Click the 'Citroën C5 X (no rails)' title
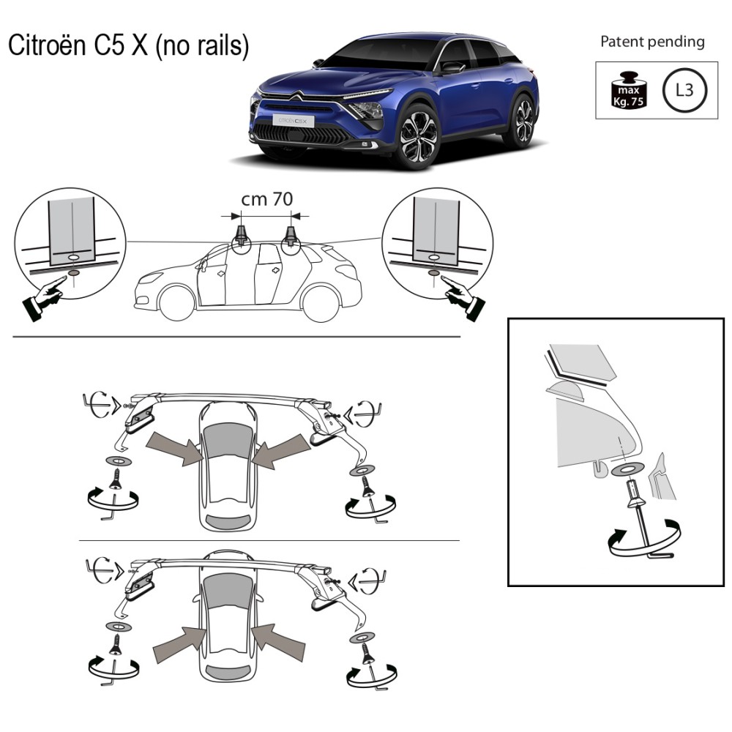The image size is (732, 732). click(128, 45)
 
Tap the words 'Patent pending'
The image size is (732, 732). click(652, 42)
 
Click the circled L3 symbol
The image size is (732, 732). click(684, 90)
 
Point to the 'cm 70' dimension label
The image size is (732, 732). click(267, 199)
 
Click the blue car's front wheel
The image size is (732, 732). click(419, 138)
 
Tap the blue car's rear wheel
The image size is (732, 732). click(523, 121)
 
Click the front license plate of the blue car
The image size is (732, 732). click(294, 121)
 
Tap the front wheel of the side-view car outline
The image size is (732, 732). click(176, 303)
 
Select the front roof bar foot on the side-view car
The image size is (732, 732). click(242, 234)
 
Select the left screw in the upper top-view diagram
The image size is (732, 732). click(115, 480)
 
